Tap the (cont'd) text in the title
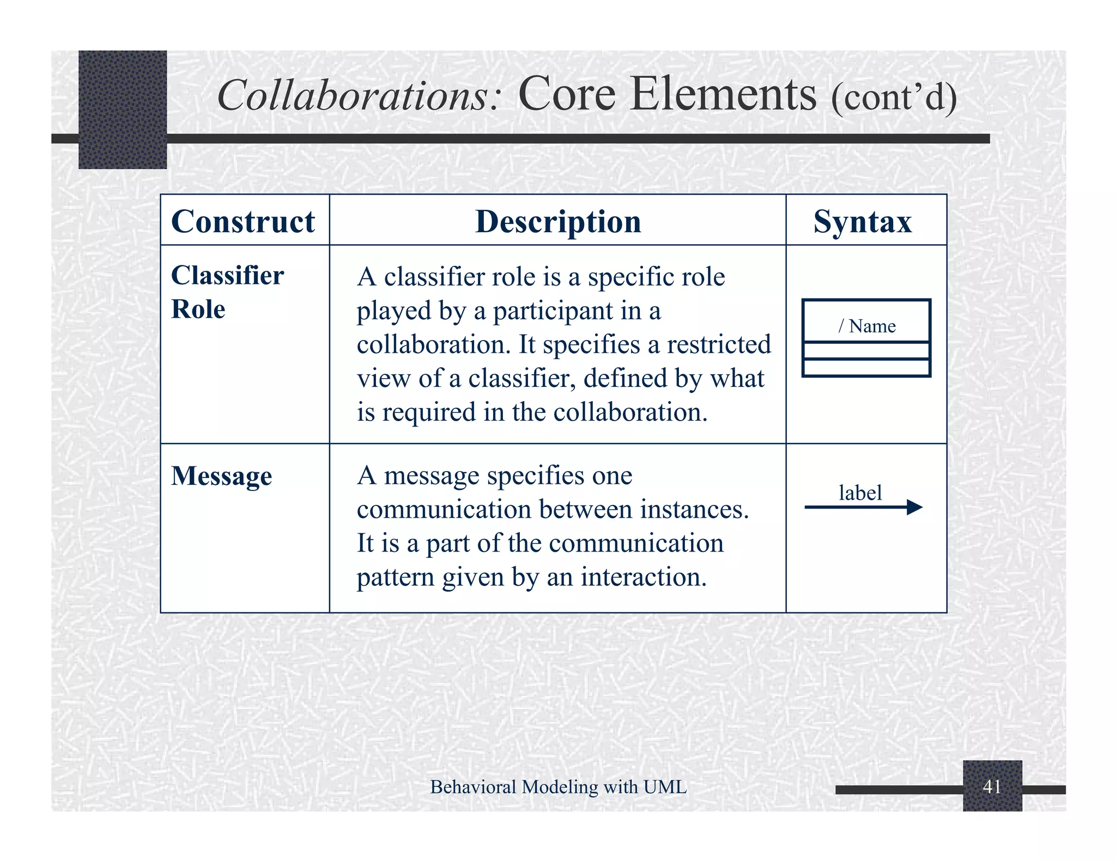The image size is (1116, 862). click(x=894, y=96)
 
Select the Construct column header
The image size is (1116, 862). click(x=243, y=221)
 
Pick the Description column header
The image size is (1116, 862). click(x=558, y=221)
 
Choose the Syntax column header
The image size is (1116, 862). click(x=863, y=221)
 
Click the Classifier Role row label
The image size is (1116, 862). click(x=227, y=292)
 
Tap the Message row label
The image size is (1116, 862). click(x=221, y=476)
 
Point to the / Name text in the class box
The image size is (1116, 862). click(x=867, y=326)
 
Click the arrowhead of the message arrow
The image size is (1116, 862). click(x=915, y=507)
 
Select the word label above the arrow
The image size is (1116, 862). click(x=860, y=493)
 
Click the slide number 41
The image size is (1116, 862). click(x=992, y=786)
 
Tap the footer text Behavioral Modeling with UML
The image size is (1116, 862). click(x=558, y=786)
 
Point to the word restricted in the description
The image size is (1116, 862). click(x=719, y=344)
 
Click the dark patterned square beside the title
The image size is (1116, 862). click(x=123, y=109)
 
